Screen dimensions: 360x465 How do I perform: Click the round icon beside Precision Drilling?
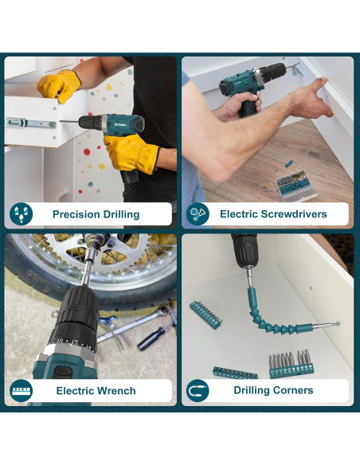coord(21,214)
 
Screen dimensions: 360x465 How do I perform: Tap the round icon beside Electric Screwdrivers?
coord(198,213)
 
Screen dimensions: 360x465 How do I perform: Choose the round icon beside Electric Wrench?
coord(21,390)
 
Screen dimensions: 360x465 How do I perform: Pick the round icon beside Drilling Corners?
coord(198,390)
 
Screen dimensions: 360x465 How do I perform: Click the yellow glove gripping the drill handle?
coord(131,154)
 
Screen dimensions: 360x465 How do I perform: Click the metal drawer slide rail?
coord(30,123)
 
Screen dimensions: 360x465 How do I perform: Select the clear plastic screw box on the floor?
coord(295,186)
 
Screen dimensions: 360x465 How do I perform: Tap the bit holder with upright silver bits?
coord(291,365)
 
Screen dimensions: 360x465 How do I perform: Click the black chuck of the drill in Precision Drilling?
coord(90,122)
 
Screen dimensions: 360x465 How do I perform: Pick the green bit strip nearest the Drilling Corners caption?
coord(235,373)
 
